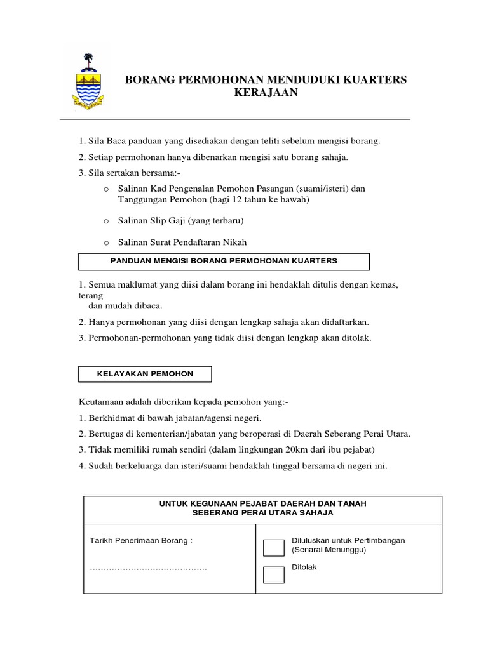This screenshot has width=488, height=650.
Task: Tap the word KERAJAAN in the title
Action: pos(266,93)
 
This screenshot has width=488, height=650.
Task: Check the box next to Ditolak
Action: pos(274,574)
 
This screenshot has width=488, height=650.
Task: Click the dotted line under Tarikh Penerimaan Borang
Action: pos(148,567)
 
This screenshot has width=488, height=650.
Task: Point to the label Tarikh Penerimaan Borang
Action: pos(141,541)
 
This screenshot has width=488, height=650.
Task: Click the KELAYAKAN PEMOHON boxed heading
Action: pos(145,374)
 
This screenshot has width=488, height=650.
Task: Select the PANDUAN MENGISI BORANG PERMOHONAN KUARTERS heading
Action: pos(224,261)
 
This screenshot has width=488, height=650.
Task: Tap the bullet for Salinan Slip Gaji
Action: pos(106,221)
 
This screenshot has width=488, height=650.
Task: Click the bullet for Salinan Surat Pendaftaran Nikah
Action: pos(106,242)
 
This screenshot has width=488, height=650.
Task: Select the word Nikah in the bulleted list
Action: pos(233,242)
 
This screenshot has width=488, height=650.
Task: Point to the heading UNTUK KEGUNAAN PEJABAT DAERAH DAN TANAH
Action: pos(262,503)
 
